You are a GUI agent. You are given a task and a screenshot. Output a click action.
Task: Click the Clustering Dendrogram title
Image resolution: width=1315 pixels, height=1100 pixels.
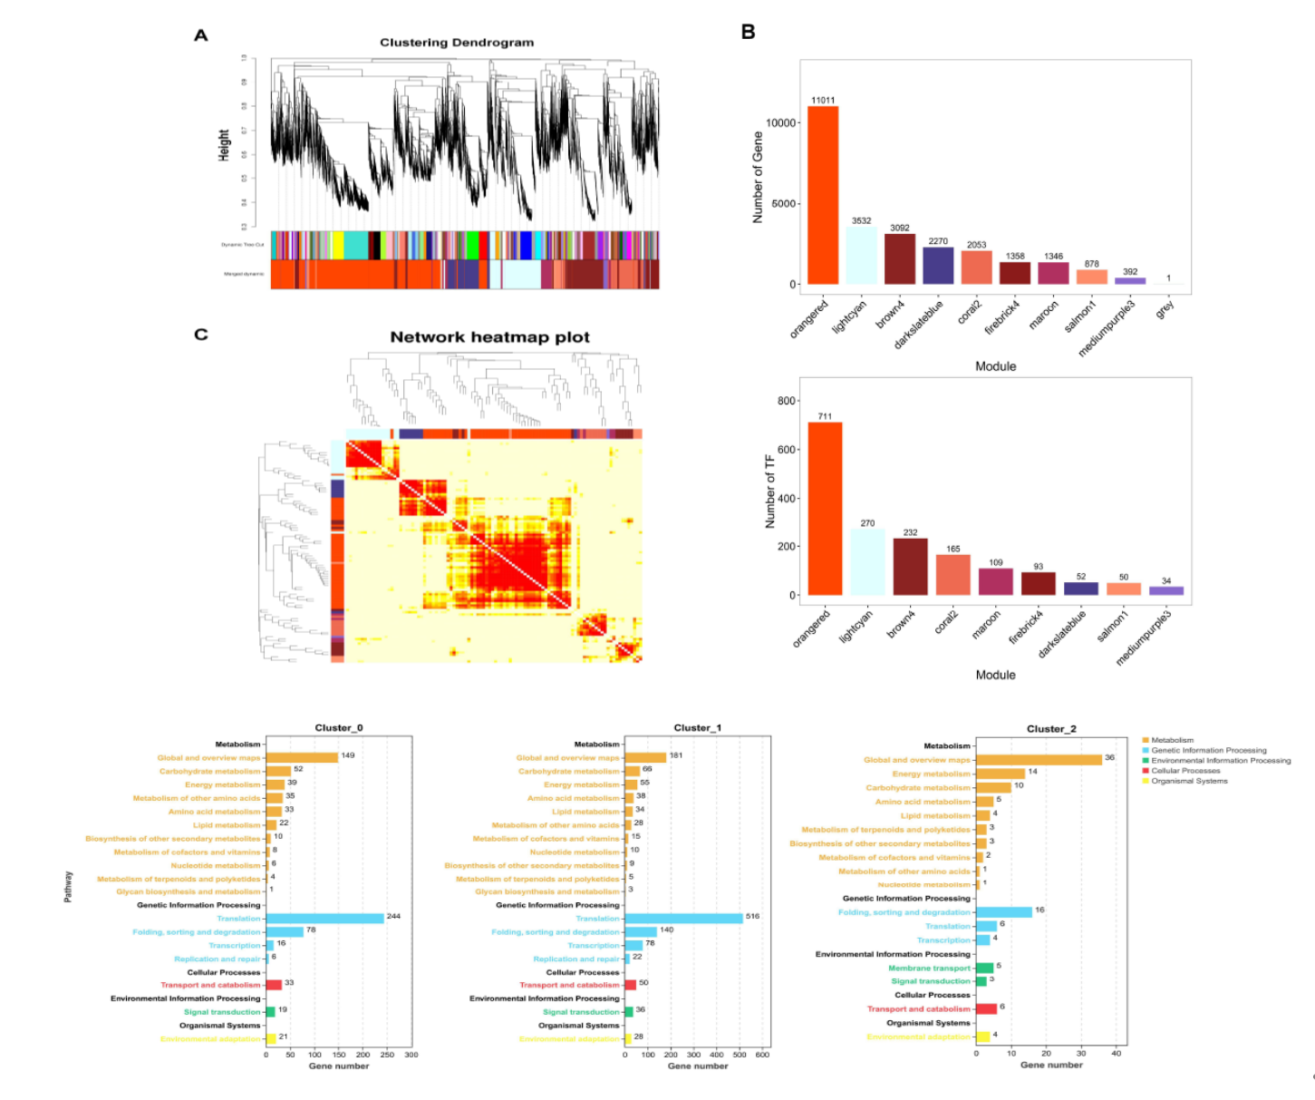[x=456, y=43]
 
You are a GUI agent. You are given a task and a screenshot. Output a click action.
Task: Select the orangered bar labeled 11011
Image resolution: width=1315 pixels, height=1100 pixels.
[x=823, y=195]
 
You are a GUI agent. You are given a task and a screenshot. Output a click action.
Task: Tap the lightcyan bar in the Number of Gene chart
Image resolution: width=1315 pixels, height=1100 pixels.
[x=861, y=256]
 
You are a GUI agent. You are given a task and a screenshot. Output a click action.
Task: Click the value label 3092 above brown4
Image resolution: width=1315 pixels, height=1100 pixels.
[x=899, y=228]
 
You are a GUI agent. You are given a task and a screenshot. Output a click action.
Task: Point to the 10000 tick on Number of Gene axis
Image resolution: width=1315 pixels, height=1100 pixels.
[x=781, y=123]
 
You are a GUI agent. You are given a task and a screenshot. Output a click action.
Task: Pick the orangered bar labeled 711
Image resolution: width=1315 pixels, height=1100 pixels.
[x=825, y=508]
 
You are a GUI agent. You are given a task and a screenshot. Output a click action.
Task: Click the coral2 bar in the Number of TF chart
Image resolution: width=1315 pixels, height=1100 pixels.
[x=952, y=575]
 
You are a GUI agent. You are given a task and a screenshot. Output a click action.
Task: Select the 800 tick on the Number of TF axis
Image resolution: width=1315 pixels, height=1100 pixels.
[x=786, y=401]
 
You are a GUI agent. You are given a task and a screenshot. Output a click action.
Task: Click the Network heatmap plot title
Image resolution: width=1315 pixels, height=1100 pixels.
[x=489, y=337]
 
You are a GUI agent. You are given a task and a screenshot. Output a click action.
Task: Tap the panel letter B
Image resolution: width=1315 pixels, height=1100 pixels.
[x=748, y=33]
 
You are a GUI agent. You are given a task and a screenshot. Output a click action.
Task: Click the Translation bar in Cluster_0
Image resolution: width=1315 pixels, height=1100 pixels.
[x=325, y=919]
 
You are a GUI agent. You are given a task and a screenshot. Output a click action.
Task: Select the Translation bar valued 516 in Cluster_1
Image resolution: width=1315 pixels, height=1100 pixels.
[x=683, y=919]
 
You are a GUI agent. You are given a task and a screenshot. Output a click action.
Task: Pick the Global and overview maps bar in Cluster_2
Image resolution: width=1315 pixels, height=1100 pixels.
[x=1039, y=760]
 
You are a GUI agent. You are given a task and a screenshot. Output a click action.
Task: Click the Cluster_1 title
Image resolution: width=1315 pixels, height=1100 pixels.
[x=697, y=728]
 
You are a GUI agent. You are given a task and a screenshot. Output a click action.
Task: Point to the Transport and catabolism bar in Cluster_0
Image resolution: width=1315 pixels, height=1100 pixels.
[x=274, y=985]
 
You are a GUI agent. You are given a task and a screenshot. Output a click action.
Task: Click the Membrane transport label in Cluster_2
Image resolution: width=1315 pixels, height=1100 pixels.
[x=929, y=968]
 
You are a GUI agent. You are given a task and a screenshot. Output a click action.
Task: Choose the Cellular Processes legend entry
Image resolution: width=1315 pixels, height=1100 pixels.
[x=1185, y=771]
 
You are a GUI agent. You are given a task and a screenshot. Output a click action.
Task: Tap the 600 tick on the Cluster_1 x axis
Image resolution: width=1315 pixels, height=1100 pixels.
[x=762, y=1055]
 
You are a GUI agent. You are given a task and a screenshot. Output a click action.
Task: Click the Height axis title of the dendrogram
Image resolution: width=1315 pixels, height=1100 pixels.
[x=224, y=145]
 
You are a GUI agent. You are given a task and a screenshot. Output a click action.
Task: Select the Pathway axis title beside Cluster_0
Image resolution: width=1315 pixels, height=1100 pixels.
[x=68, y=887]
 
